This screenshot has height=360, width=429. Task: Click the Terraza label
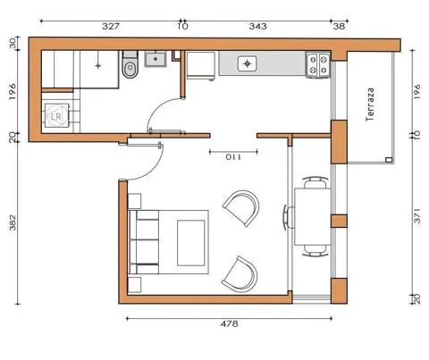(370, 105)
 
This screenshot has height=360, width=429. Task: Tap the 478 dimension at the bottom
(229, 323)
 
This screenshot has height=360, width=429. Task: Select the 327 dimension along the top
(111, 26)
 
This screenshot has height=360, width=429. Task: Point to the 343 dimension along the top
(258, 26)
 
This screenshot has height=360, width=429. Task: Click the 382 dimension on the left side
(13, 222)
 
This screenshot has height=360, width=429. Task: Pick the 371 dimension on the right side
(417, 216)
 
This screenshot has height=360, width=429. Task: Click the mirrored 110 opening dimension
(233, 157)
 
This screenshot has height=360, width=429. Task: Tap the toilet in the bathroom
(130, 64)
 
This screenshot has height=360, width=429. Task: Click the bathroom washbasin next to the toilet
(156, 59)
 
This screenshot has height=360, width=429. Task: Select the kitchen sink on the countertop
(247, 63)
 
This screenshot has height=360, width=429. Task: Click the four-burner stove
(318, 65)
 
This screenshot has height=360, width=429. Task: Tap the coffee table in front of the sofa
(191, 243)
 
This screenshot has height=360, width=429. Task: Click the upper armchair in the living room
(241, 208)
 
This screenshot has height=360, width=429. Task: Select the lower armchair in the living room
(240, 274)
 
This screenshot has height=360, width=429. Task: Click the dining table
(313, 216)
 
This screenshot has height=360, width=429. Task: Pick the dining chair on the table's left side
(288, 217)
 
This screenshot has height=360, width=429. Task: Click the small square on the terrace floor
(389, 160)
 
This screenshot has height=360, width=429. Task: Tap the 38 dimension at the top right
(339, 26)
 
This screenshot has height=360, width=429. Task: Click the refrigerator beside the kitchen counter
(200, 66)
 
